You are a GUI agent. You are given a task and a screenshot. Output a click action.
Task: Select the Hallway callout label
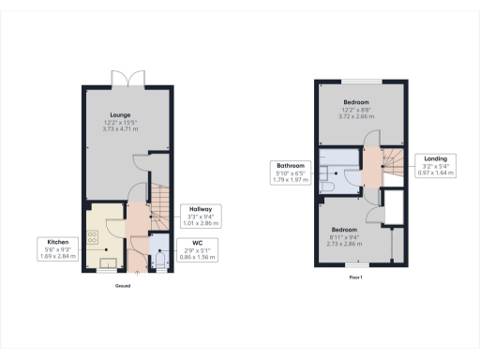click(199, 215)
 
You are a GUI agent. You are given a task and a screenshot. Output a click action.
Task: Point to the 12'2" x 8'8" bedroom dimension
click(356, 109)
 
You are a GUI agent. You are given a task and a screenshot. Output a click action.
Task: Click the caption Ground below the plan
click(123, 285)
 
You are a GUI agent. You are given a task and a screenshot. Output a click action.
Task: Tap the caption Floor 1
click(355, 277)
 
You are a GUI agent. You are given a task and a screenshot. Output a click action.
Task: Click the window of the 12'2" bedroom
click(361, 80)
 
